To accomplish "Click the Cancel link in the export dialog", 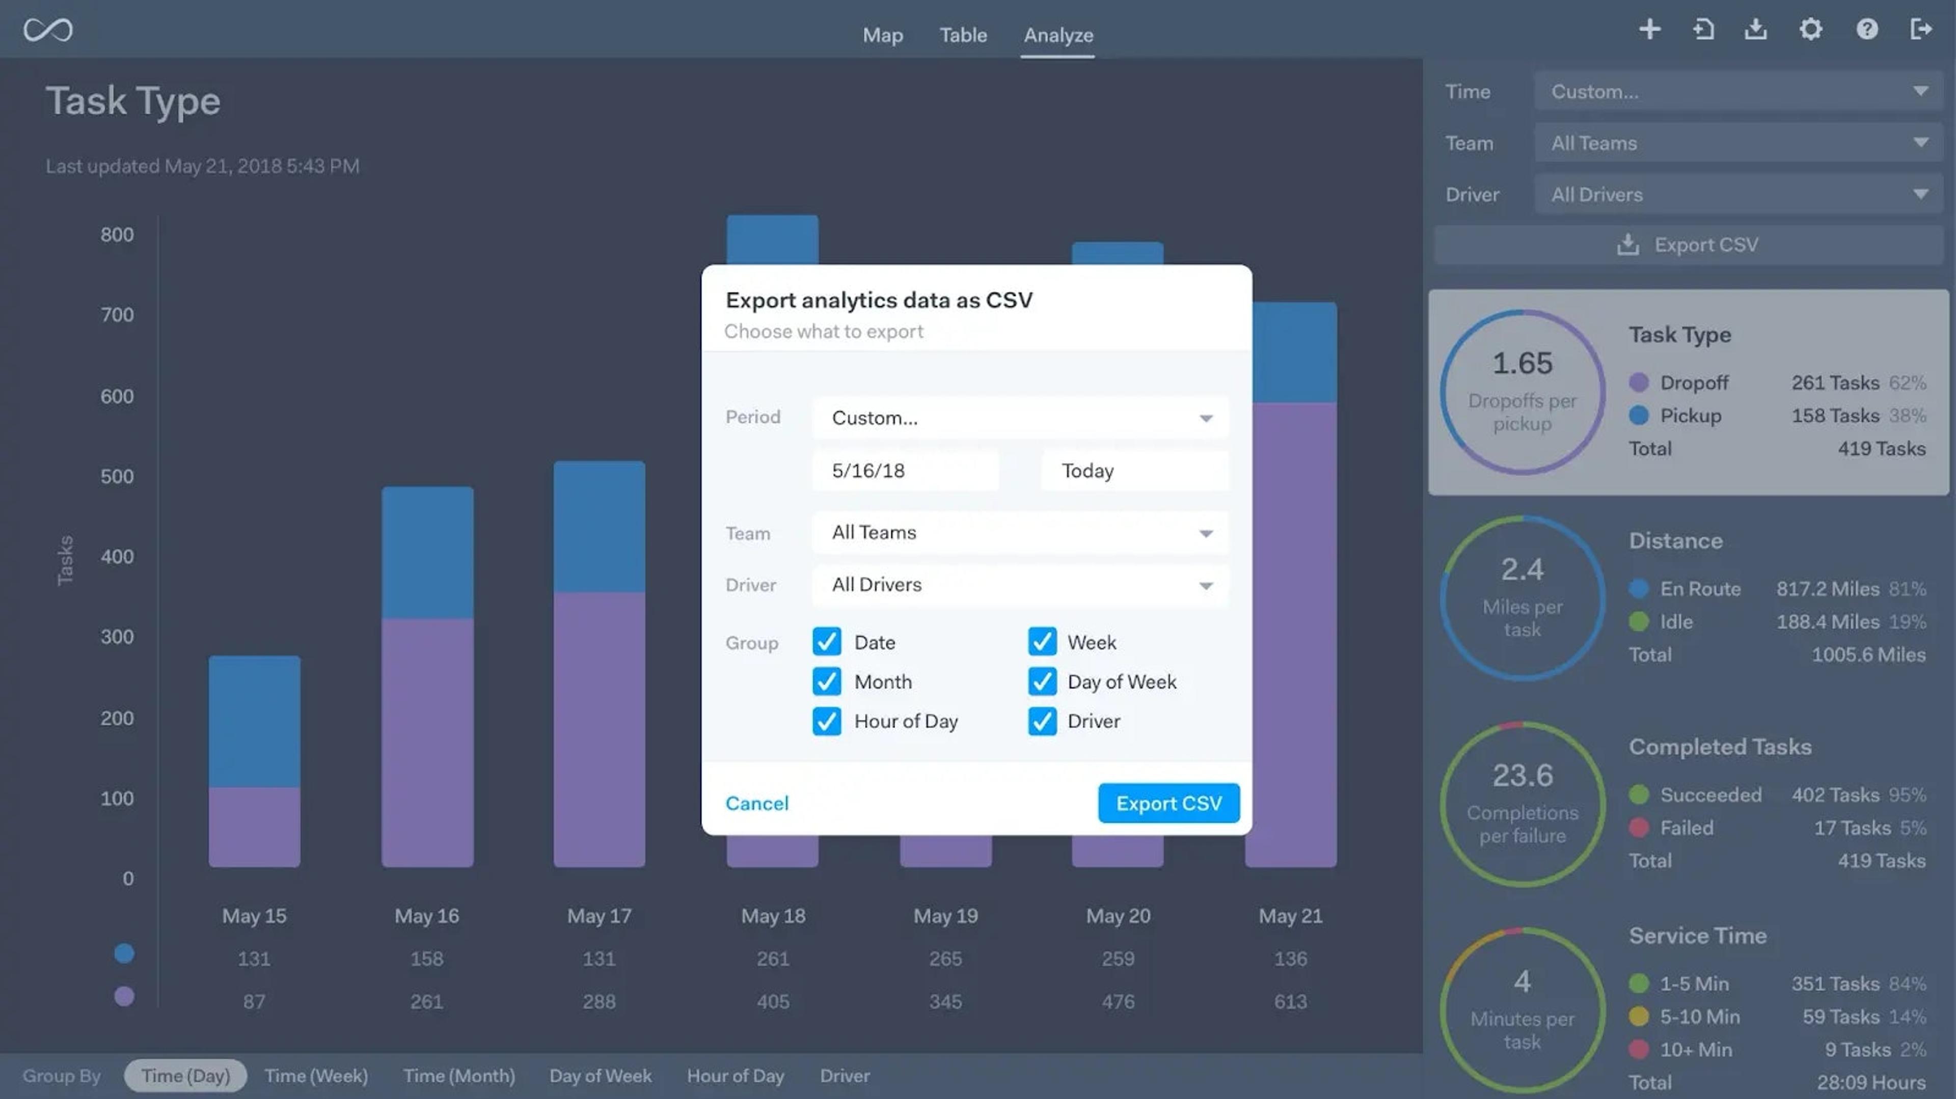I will point(756,803).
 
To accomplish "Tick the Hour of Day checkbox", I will point(826,721).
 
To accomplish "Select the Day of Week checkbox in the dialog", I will point(1042,681).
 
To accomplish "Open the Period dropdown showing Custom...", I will point(1020,418).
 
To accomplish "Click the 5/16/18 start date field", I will point(905,471).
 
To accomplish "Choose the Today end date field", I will point(1134,471).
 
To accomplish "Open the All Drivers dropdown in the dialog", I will point(1020,585).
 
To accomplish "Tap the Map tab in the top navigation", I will point(882,35).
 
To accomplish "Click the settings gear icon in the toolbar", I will point(1810,30).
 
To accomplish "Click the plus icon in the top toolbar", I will point(1649,30).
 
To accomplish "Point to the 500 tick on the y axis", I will point(117,477).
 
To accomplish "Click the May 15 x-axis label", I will point(254,916).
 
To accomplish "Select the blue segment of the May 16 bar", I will point(427,553).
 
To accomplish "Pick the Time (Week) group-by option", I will point(316,1076).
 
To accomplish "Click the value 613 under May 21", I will point(1290,1002).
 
